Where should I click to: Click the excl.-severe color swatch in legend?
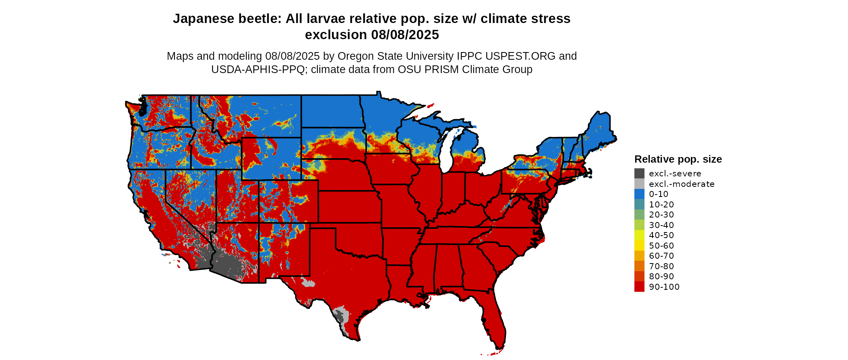click(x=639, y=174)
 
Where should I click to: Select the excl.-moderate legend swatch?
click(x=639, y=184)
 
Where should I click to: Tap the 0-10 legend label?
click(x=658, y=194)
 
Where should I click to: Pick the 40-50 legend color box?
click(x=639, y=235)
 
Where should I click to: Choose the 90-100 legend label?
click(x=664, y=287)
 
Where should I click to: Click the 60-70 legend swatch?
click(x=639, y=256)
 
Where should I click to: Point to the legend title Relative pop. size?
click(x=678, y=159)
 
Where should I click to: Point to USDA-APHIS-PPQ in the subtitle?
click(x=258, y=70)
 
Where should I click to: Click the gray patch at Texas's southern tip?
click(x=342, y=317)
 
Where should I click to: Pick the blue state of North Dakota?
click(x=331, y=111)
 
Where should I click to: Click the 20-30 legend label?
click(x=661, y=215)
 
